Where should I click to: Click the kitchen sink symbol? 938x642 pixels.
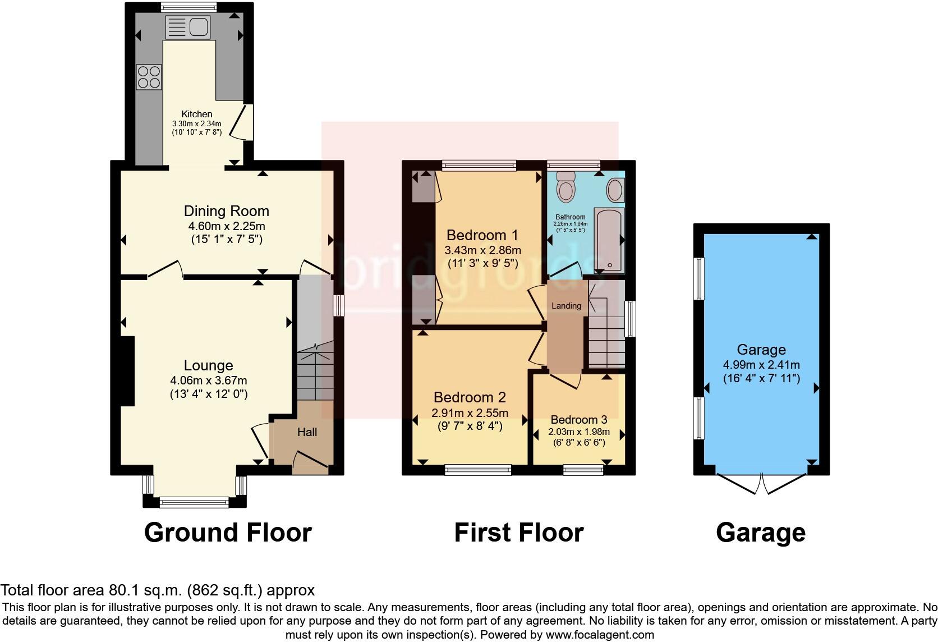point(187,27)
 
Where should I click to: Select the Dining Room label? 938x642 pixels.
point(227,211)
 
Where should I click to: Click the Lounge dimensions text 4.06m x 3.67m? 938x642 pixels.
point(209,380)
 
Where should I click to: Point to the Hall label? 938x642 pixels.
point(307,432)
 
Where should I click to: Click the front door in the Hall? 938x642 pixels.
point(310,459)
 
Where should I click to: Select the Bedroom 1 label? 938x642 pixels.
point(482,235)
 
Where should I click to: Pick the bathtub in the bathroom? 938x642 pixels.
point(608,240)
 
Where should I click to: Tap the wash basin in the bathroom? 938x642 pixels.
point(615,190)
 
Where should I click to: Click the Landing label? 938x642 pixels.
point(566,306)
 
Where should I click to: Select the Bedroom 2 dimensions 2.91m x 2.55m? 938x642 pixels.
point(470,413)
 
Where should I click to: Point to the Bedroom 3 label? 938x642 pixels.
point(579,420)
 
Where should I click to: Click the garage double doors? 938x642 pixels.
point(762,484)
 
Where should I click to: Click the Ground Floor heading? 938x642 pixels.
point(228,532)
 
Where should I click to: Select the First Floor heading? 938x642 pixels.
point(519,532)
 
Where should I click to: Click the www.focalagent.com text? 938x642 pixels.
point(600,635)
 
